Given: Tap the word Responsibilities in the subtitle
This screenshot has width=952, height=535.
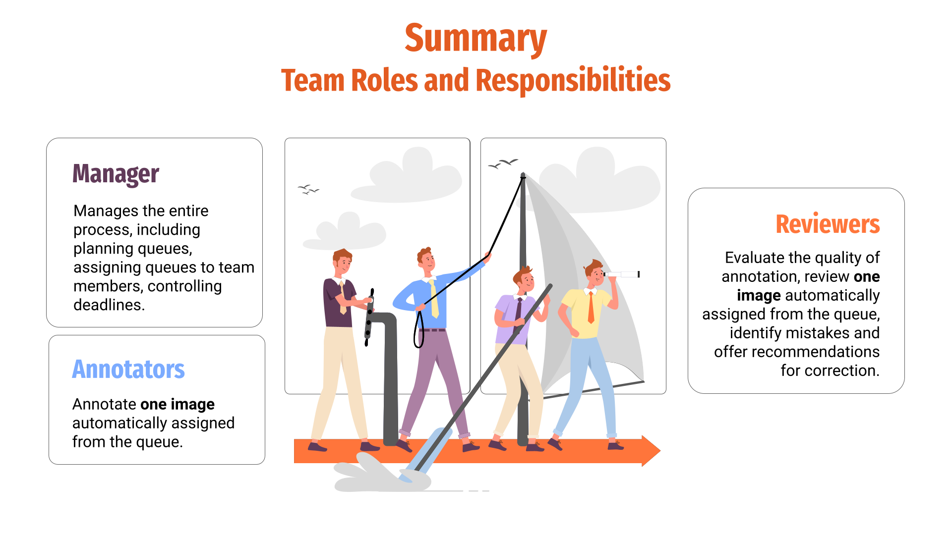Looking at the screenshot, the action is pyautogui.click(x=573, y=80).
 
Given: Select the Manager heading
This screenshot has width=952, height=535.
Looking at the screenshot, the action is pyautogui.click(x=116, y=174).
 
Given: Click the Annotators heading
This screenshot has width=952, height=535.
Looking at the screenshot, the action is pyautogui.click(x=128, y=370).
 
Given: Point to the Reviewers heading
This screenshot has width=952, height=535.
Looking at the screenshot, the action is pyautogui.click(x=828, y=224).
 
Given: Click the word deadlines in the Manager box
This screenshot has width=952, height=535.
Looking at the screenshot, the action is pyautogui.click(x=109, y=305).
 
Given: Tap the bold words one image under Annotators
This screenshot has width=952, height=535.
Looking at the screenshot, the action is pyautogui.click(x=178, y=405).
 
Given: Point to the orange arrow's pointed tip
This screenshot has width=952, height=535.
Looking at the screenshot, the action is pyautogui.click(x=660, y=451).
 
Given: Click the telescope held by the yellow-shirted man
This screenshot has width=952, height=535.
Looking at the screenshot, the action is pyautogui.click(x=621, y=274).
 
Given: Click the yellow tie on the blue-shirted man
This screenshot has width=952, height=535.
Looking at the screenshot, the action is pyautogui.click(x=434, y=299).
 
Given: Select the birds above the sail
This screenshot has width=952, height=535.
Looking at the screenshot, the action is pyautogui.click(x=503, y=163).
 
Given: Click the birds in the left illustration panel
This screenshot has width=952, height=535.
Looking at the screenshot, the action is pyautogui.click(x=308, y=189).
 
